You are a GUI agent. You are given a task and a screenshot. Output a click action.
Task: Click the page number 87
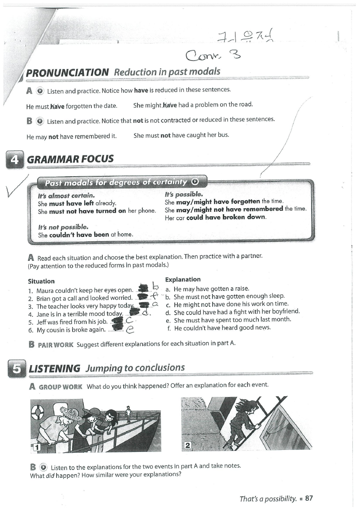pos(309,498)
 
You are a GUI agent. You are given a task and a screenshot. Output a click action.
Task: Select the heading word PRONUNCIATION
pos(67,73)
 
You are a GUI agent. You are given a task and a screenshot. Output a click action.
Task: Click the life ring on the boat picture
pos(37,412)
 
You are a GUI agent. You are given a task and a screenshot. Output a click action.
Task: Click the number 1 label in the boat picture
pos(36,447)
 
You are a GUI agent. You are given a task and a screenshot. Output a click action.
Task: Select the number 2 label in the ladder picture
pos(187,445)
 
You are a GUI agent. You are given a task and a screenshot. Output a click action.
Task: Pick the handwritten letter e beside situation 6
pos(130,330)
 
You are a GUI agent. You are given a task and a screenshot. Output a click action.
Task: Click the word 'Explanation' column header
pos(183,279)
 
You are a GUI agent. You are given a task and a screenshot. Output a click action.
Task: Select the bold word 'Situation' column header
pos(41,281)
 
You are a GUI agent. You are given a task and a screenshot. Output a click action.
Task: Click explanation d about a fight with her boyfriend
pos(233,312)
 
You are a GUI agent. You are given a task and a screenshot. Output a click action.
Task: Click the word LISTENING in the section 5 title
pos(54,368)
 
